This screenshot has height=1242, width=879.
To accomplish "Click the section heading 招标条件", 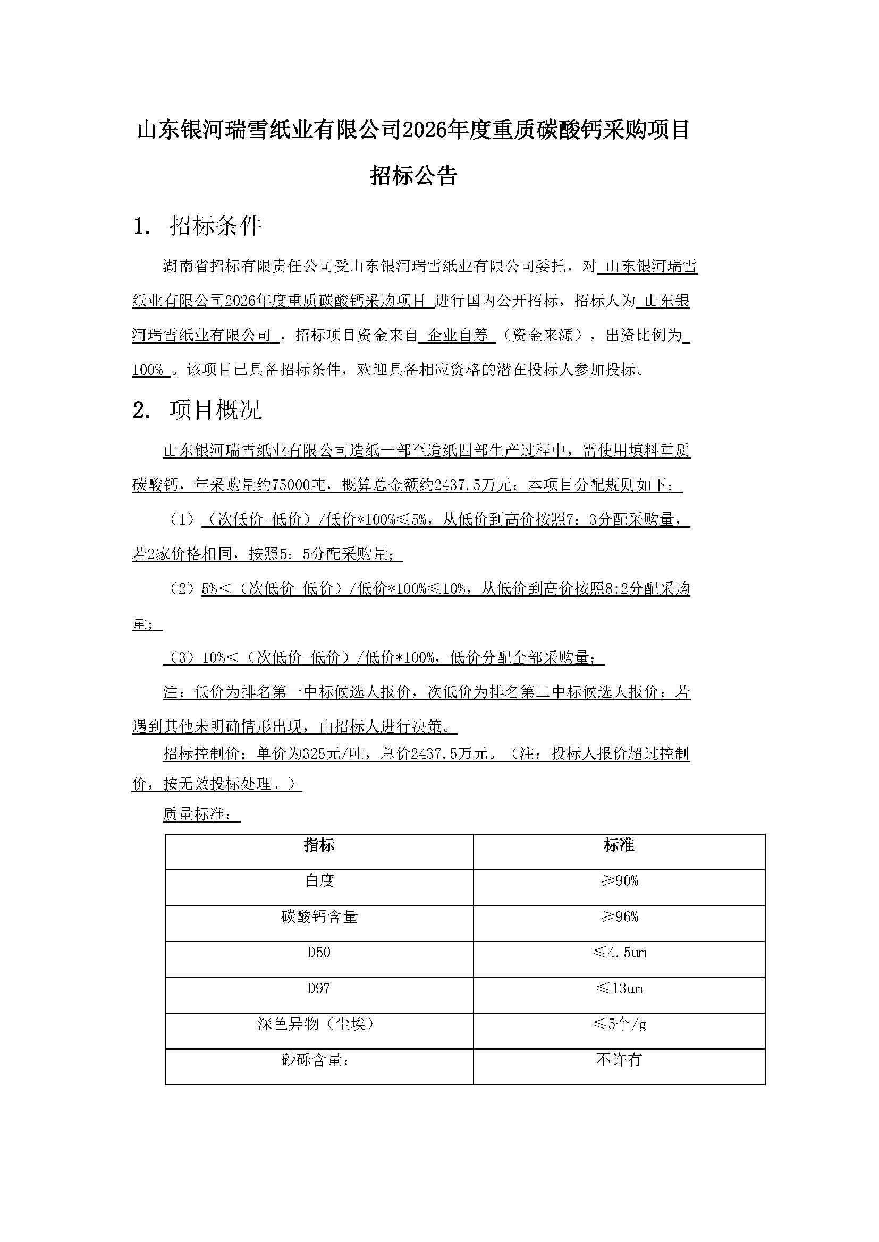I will pyautogui.click(x=215, y=226).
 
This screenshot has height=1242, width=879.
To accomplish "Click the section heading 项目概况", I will pyautogui.click(x=215, y=410).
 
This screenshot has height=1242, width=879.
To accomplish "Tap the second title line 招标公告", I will pyautogui.click(x=414, y=175).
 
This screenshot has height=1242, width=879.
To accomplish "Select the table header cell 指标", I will pyautogui.click(x=319, y=845).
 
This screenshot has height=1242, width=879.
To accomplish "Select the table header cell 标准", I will pyautogui.click(x=619, y=845).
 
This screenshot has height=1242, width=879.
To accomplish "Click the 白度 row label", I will pyautogui.click(x=319, y=881).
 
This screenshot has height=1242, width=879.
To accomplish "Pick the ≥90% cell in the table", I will pyautogui.click(x=619, y=881).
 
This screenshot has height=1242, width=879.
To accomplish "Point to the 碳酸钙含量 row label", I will pyautogui.click(x=319, y=917).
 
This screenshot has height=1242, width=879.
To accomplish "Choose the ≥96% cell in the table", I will pyautogui.click(x=619, y=917).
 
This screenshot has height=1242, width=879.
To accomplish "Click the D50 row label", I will pyautogui.click(x=319, y=953).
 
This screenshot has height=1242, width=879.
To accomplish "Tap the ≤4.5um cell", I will pyautogui.click(x=619, y=953).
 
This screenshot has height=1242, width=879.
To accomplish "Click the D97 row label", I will pyautogui.click(x=319, y=989).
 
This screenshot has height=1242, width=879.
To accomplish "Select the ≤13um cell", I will pyautogui.click(x=619, y=989).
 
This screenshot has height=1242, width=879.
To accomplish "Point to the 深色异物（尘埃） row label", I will pyautogui.click(x=316, y=1024).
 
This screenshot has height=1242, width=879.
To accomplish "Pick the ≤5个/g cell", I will pyautogui.click(x=619, y=1024).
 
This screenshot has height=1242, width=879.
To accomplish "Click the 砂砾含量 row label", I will pyautogui.click(x=314, y=1060).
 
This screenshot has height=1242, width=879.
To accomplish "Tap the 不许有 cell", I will pyautogui.click(x=619, y=1060).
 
